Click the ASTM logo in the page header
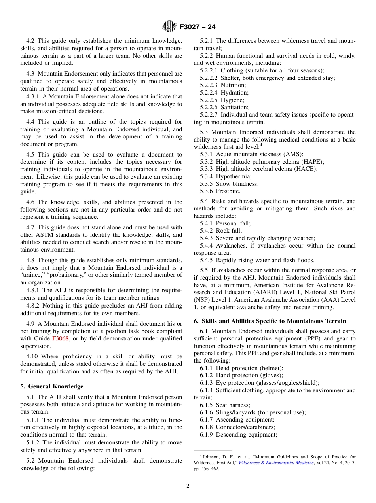169,27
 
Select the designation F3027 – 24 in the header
197,27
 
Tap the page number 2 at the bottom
188,486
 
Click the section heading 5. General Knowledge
52,386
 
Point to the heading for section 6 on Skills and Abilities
270,321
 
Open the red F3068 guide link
60,338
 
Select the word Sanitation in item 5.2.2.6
234,107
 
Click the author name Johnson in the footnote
212,457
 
